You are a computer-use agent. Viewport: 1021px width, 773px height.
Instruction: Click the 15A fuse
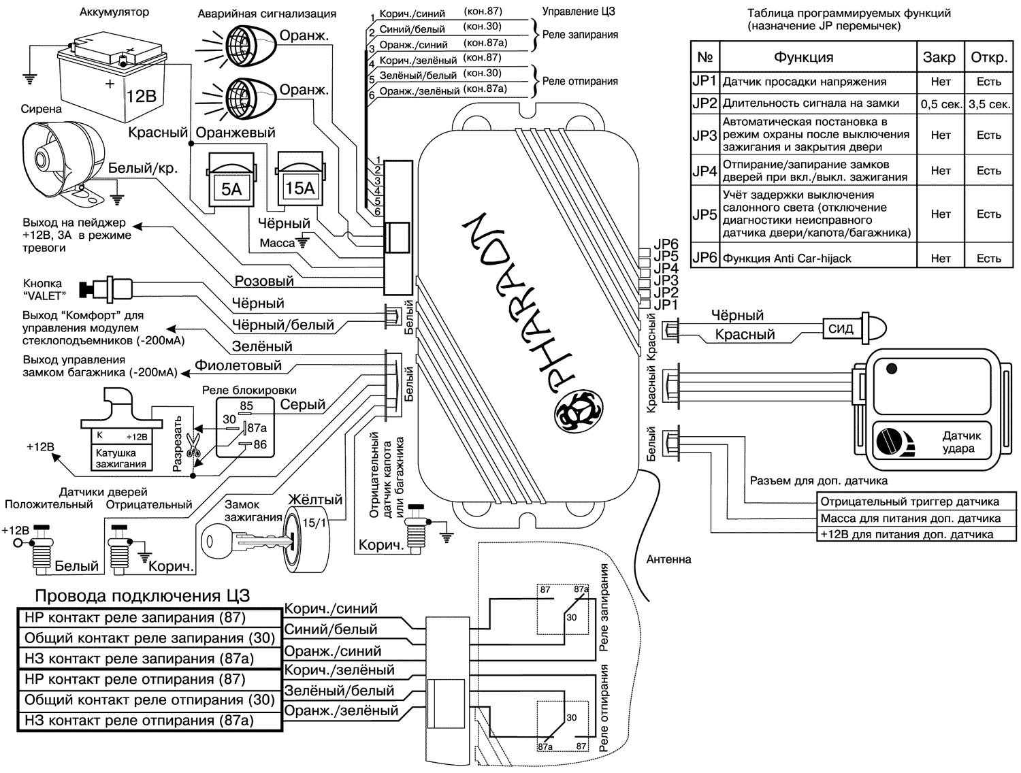tap(299, 180)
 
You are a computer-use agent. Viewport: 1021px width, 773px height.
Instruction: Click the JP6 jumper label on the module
tap(666, 244)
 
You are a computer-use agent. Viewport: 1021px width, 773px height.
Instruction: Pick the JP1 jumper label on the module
tap(666, 305)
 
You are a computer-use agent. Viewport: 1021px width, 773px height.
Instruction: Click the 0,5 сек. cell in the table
tap(941, 104)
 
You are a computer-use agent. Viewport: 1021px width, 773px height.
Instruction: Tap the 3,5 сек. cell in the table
tap(988, 104)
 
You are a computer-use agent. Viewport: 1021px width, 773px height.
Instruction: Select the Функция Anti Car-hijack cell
tap(787, 259)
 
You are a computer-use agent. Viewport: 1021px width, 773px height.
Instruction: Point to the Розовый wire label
tap(264, 281)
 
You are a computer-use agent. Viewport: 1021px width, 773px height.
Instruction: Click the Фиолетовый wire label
tap(238, 366)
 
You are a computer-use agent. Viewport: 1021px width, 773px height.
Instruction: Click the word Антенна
tap(668, 559)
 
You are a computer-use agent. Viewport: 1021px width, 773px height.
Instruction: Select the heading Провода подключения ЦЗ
tap(142, 596)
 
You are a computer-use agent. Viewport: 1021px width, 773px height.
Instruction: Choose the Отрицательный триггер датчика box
tap(909, 502)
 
